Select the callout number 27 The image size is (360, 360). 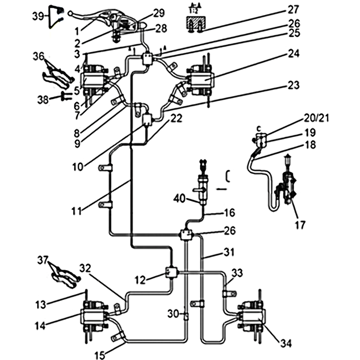(x=293, y=9)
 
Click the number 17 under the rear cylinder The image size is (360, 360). (x=300, y=224)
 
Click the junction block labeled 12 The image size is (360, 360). (x=171, y=272)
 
